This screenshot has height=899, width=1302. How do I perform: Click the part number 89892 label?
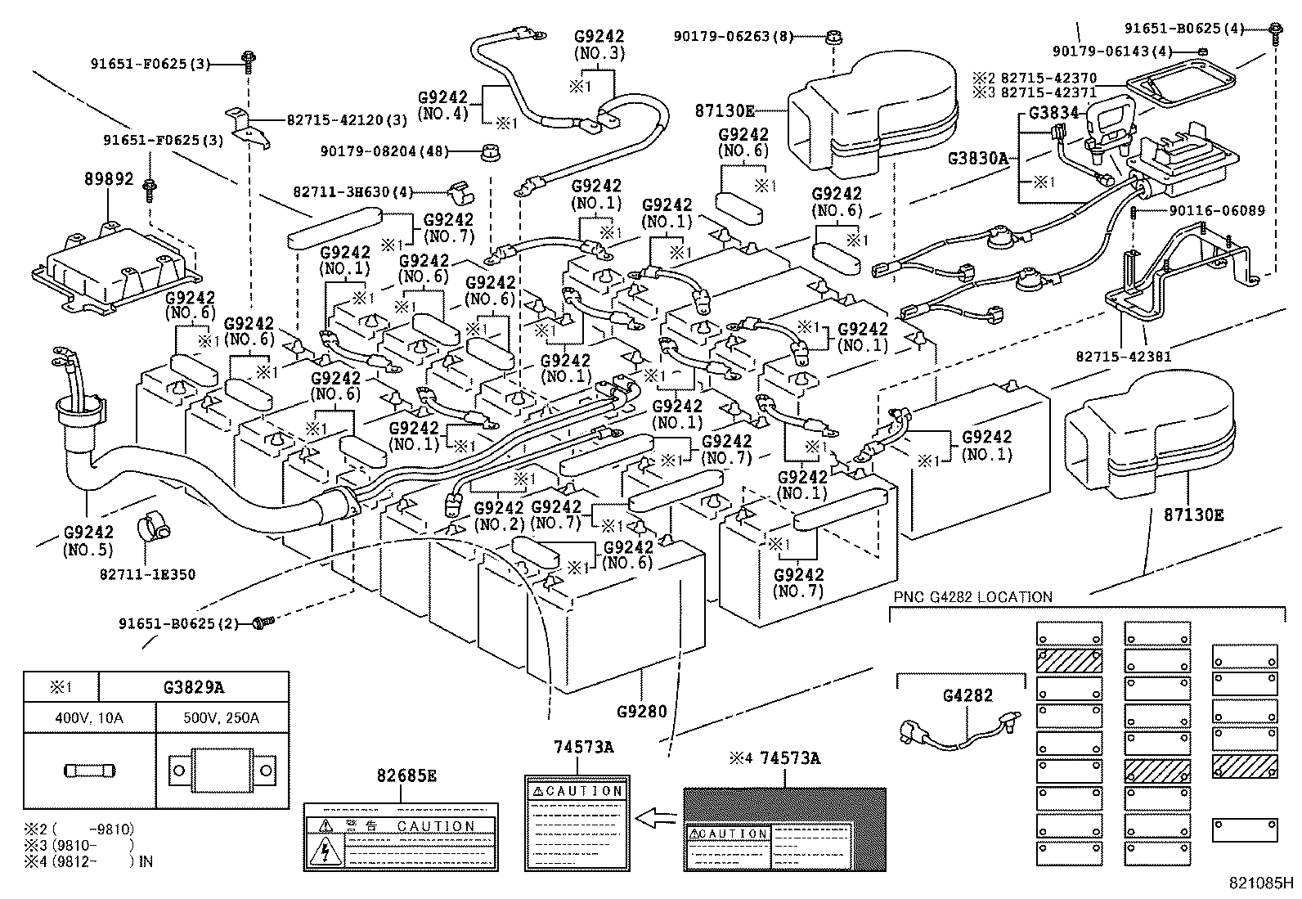[x=108, y=178]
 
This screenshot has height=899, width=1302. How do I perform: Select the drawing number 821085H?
[x=1260, y=883]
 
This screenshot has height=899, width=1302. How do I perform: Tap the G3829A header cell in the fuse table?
[x=192, y=687]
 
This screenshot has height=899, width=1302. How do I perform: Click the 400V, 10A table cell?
[x=89, y=718]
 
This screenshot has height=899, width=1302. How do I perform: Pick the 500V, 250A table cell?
[x=222, y=718]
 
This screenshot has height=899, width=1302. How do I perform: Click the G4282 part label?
[x=968, y=695]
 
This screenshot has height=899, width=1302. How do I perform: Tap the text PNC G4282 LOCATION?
[x=972, y=597]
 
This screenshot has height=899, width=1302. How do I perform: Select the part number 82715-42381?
[x=1123, y=357]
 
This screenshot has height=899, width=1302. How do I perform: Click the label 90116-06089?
[x=1216, y=211]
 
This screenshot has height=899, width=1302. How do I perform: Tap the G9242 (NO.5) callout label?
[x=88, y=542]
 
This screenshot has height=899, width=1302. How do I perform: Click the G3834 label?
[x=1053, y=113]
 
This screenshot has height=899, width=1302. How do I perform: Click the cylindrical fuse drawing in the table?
[x=89, y=770]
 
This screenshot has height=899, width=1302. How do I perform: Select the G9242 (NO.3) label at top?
[x=599, y=44]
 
